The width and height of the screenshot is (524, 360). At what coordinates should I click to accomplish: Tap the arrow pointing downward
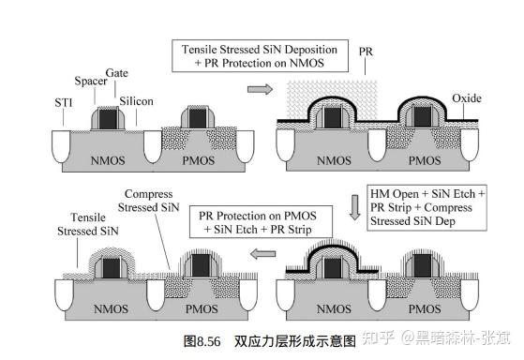355,205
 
